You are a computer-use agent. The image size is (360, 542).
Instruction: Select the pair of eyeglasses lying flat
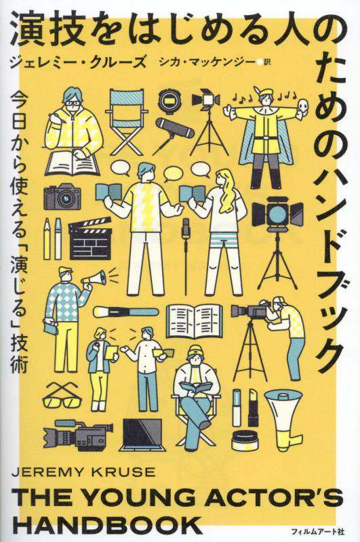pyautogui.click(x=66, y=398)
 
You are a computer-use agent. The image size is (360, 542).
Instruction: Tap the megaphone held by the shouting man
pyautogui.click(x=94, y=278)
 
